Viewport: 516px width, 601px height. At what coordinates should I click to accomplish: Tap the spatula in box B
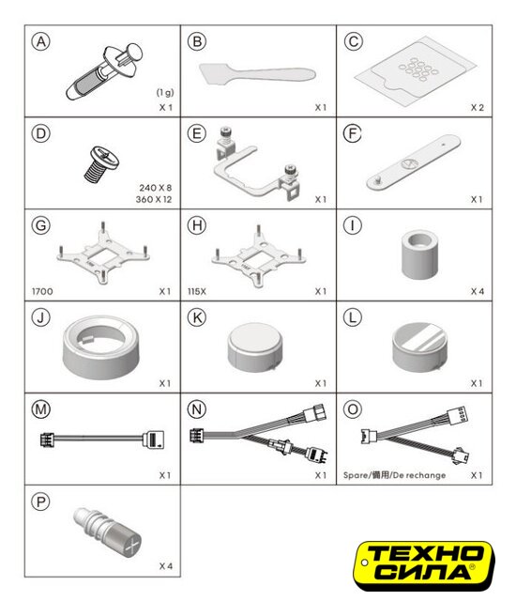(x=257, y=73)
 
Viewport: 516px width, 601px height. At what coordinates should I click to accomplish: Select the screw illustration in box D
(x=101, y=163)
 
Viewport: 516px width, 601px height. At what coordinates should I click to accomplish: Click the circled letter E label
(x=197, y=133)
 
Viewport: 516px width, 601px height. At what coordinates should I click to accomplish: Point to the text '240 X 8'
(x=156, y=188)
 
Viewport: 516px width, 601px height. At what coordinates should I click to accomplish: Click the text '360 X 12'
(x=154, y=199)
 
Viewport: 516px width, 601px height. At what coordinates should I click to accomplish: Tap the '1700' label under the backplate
(x=42, y=291)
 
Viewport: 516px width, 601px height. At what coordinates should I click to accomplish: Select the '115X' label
(x=197, y=291)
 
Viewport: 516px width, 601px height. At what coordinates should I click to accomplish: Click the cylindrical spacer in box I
(x=419, y=254)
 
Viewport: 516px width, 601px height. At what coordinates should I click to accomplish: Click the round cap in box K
(x=255, y=347)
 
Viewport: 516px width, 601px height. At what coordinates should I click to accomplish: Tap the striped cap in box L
(x=419, y=347)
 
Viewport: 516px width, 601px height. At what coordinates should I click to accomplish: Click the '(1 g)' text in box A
(x=165, y=92)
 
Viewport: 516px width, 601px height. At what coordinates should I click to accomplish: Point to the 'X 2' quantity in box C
(x=477, y=108)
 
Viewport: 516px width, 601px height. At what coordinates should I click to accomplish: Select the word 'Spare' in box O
(x=356, y=475)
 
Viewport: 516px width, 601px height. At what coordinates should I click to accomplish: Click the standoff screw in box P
(x=108, y=531)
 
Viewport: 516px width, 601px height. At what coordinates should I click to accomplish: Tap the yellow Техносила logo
(x=424, y=565)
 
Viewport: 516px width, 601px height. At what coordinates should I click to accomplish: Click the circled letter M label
(x=41, y=409)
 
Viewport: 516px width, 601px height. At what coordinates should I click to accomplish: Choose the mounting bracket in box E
(x=256, y=165)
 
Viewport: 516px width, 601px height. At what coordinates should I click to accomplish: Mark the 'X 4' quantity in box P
(x=166, y=566)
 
